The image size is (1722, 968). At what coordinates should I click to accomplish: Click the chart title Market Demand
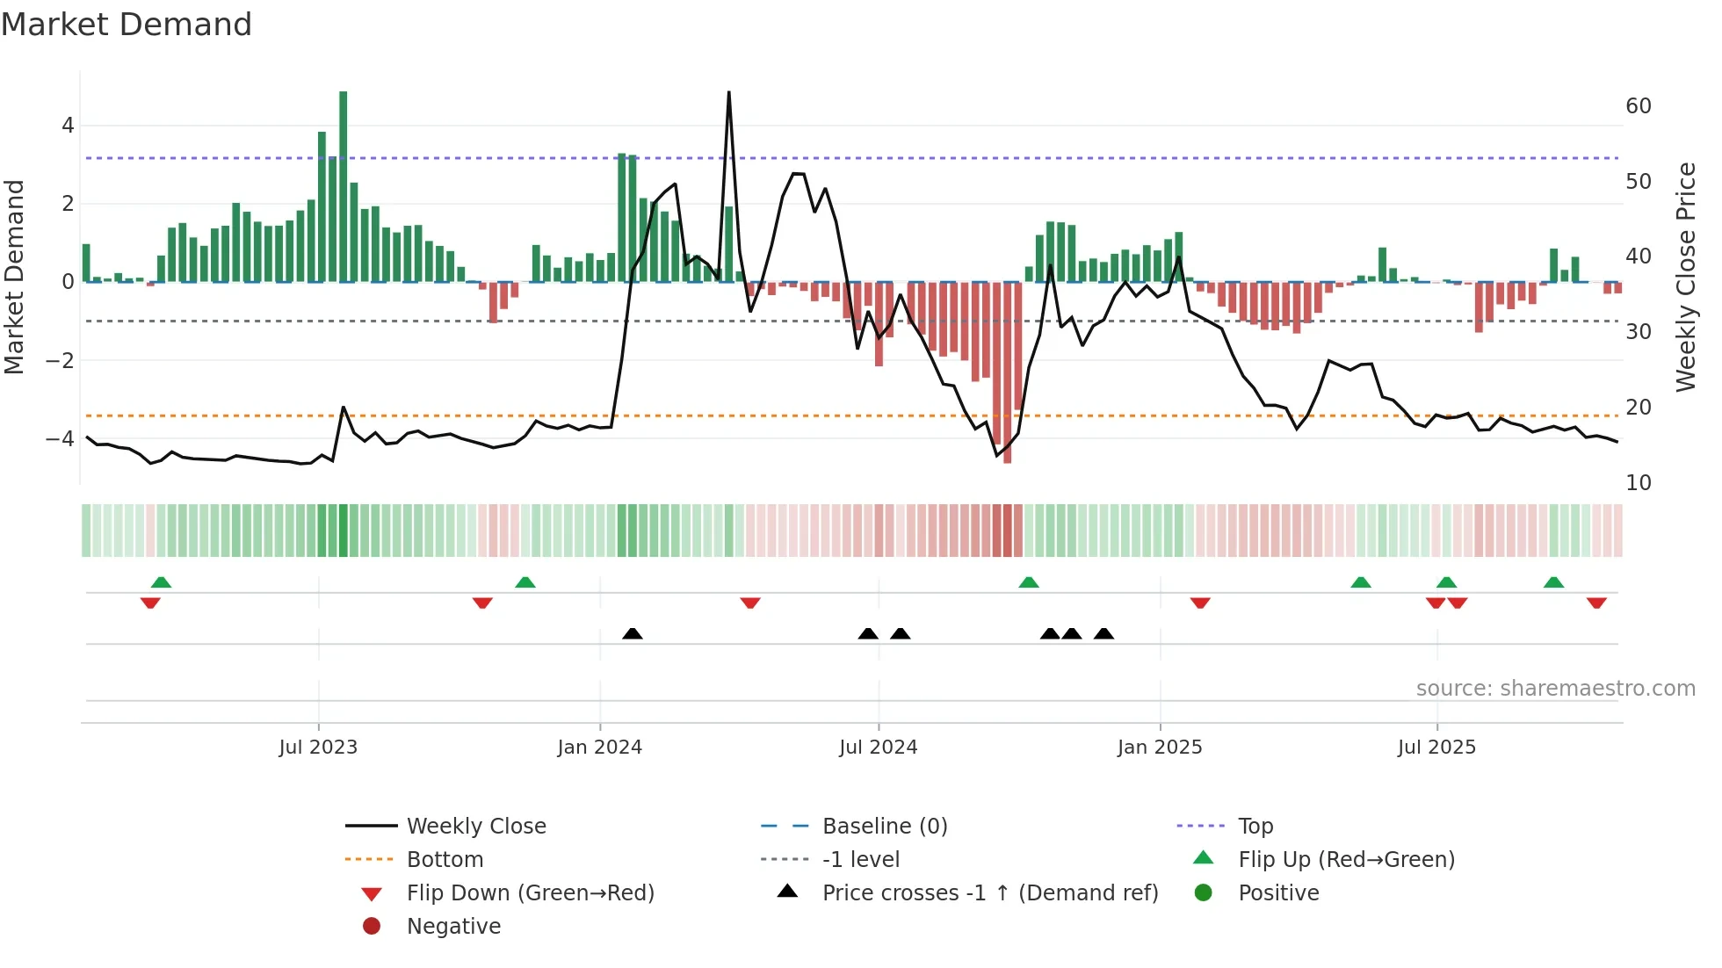click(127, 25)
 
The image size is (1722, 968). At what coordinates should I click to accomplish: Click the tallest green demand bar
click(343, 186)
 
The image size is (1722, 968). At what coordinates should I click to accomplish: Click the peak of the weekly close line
click(728, 92)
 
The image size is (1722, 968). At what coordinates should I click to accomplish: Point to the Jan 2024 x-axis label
click(599, 748)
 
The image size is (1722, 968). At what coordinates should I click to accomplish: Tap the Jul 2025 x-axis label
click(1436, 748)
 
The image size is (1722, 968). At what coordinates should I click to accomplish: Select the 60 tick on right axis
click(1638, 106)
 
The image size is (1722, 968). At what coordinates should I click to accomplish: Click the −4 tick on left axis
click(61, 438)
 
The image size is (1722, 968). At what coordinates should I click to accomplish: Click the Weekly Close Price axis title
click(1685, 277)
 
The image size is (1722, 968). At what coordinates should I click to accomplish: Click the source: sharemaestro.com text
click(1555, 689)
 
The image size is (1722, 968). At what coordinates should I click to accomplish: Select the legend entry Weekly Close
click(475, 827)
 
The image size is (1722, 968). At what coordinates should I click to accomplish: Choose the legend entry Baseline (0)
click(884, 827)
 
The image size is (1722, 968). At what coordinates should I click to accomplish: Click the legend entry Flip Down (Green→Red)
click(530, 893)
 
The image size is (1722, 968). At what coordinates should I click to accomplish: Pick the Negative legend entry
click(453, 927)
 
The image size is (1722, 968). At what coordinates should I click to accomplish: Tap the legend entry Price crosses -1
click(989, 893)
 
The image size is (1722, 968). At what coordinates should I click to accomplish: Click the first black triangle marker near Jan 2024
click(632, 633)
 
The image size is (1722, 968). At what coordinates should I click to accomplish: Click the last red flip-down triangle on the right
click(1596, 603)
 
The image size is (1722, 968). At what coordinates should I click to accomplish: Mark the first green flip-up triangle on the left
click(161, 582)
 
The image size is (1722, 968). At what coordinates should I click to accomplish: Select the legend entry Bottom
click(445, 860)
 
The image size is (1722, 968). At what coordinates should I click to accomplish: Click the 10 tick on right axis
click(1638, 483)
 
